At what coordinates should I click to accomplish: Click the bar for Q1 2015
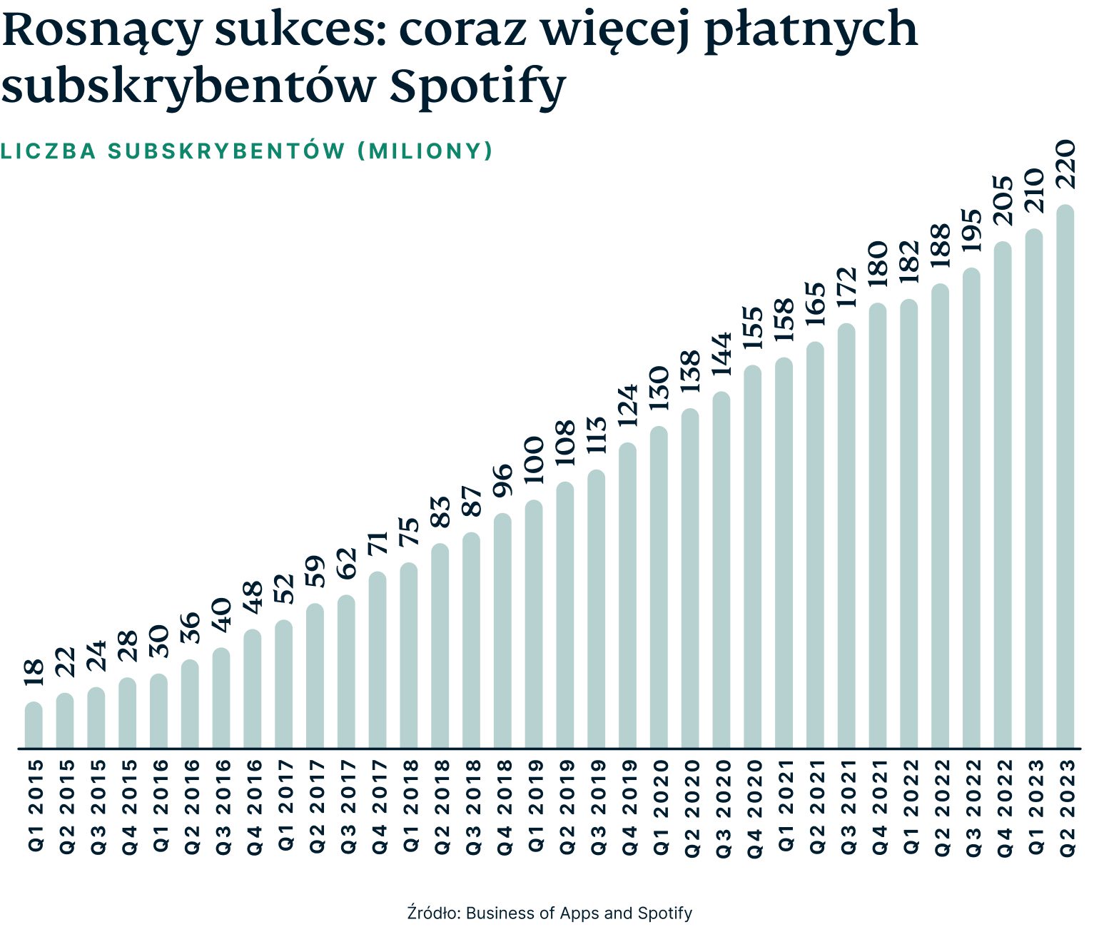tap(34, 725)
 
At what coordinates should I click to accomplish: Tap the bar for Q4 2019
tap(627, 596)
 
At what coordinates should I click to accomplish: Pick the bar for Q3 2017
tap(346, 672)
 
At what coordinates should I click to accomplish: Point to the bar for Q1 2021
tap(784, 553)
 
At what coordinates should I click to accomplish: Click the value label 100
tap(535, 460)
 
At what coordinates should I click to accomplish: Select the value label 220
tap(1065, 165)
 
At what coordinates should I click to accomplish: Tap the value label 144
tap(721, 353)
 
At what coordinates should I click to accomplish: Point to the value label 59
tap(315, 571)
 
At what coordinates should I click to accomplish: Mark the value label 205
tap(1003, 201)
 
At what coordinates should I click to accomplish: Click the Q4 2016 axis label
tap(253, 807)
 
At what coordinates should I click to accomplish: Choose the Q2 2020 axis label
tap(690, 807)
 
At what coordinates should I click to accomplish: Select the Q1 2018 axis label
tap(409, 806)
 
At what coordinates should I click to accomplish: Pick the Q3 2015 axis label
tap(96, 807)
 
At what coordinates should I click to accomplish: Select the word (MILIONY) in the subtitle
tap(425, 151)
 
